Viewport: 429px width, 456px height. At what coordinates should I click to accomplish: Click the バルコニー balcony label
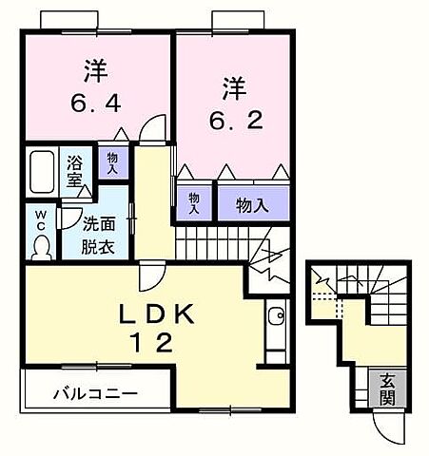(95, 393)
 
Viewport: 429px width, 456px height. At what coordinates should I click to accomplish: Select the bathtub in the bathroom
(40, 171)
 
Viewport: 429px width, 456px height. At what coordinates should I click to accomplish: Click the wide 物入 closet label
(252, 204)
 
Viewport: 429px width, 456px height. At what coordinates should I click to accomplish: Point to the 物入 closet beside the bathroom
(112, 163)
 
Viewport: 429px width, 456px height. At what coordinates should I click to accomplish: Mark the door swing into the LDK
(148, 277)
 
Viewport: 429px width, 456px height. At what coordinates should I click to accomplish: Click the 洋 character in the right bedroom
(233, 88)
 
